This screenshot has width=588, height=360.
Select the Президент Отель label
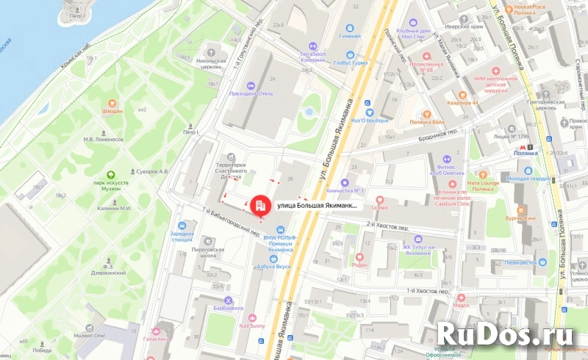251,93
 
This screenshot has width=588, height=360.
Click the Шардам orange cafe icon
112,103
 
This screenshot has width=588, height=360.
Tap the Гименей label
349,36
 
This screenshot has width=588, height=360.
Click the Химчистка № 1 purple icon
345,183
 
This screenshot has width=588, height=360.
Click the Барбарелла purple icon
229,300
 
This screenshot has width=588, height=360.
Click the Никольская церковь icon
212,53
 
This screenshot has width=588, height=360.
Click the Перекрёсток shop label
519,262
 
